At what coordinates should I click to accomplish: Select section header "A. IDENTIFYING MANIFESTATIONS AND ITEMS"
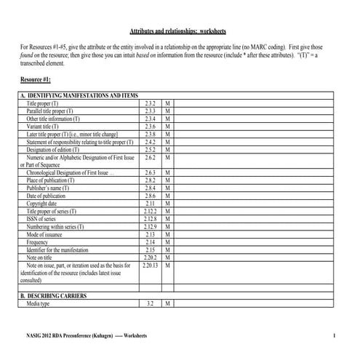79,96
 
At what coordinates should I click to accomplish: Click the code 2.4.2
151,142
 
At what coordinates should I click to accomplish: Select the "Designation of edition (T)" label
58,149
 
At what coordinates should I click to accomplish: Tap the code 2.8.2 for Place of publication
151,180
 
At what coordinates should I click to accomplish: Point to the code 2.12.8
151,218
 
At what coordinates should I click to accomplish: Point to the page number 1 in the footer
332,335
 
